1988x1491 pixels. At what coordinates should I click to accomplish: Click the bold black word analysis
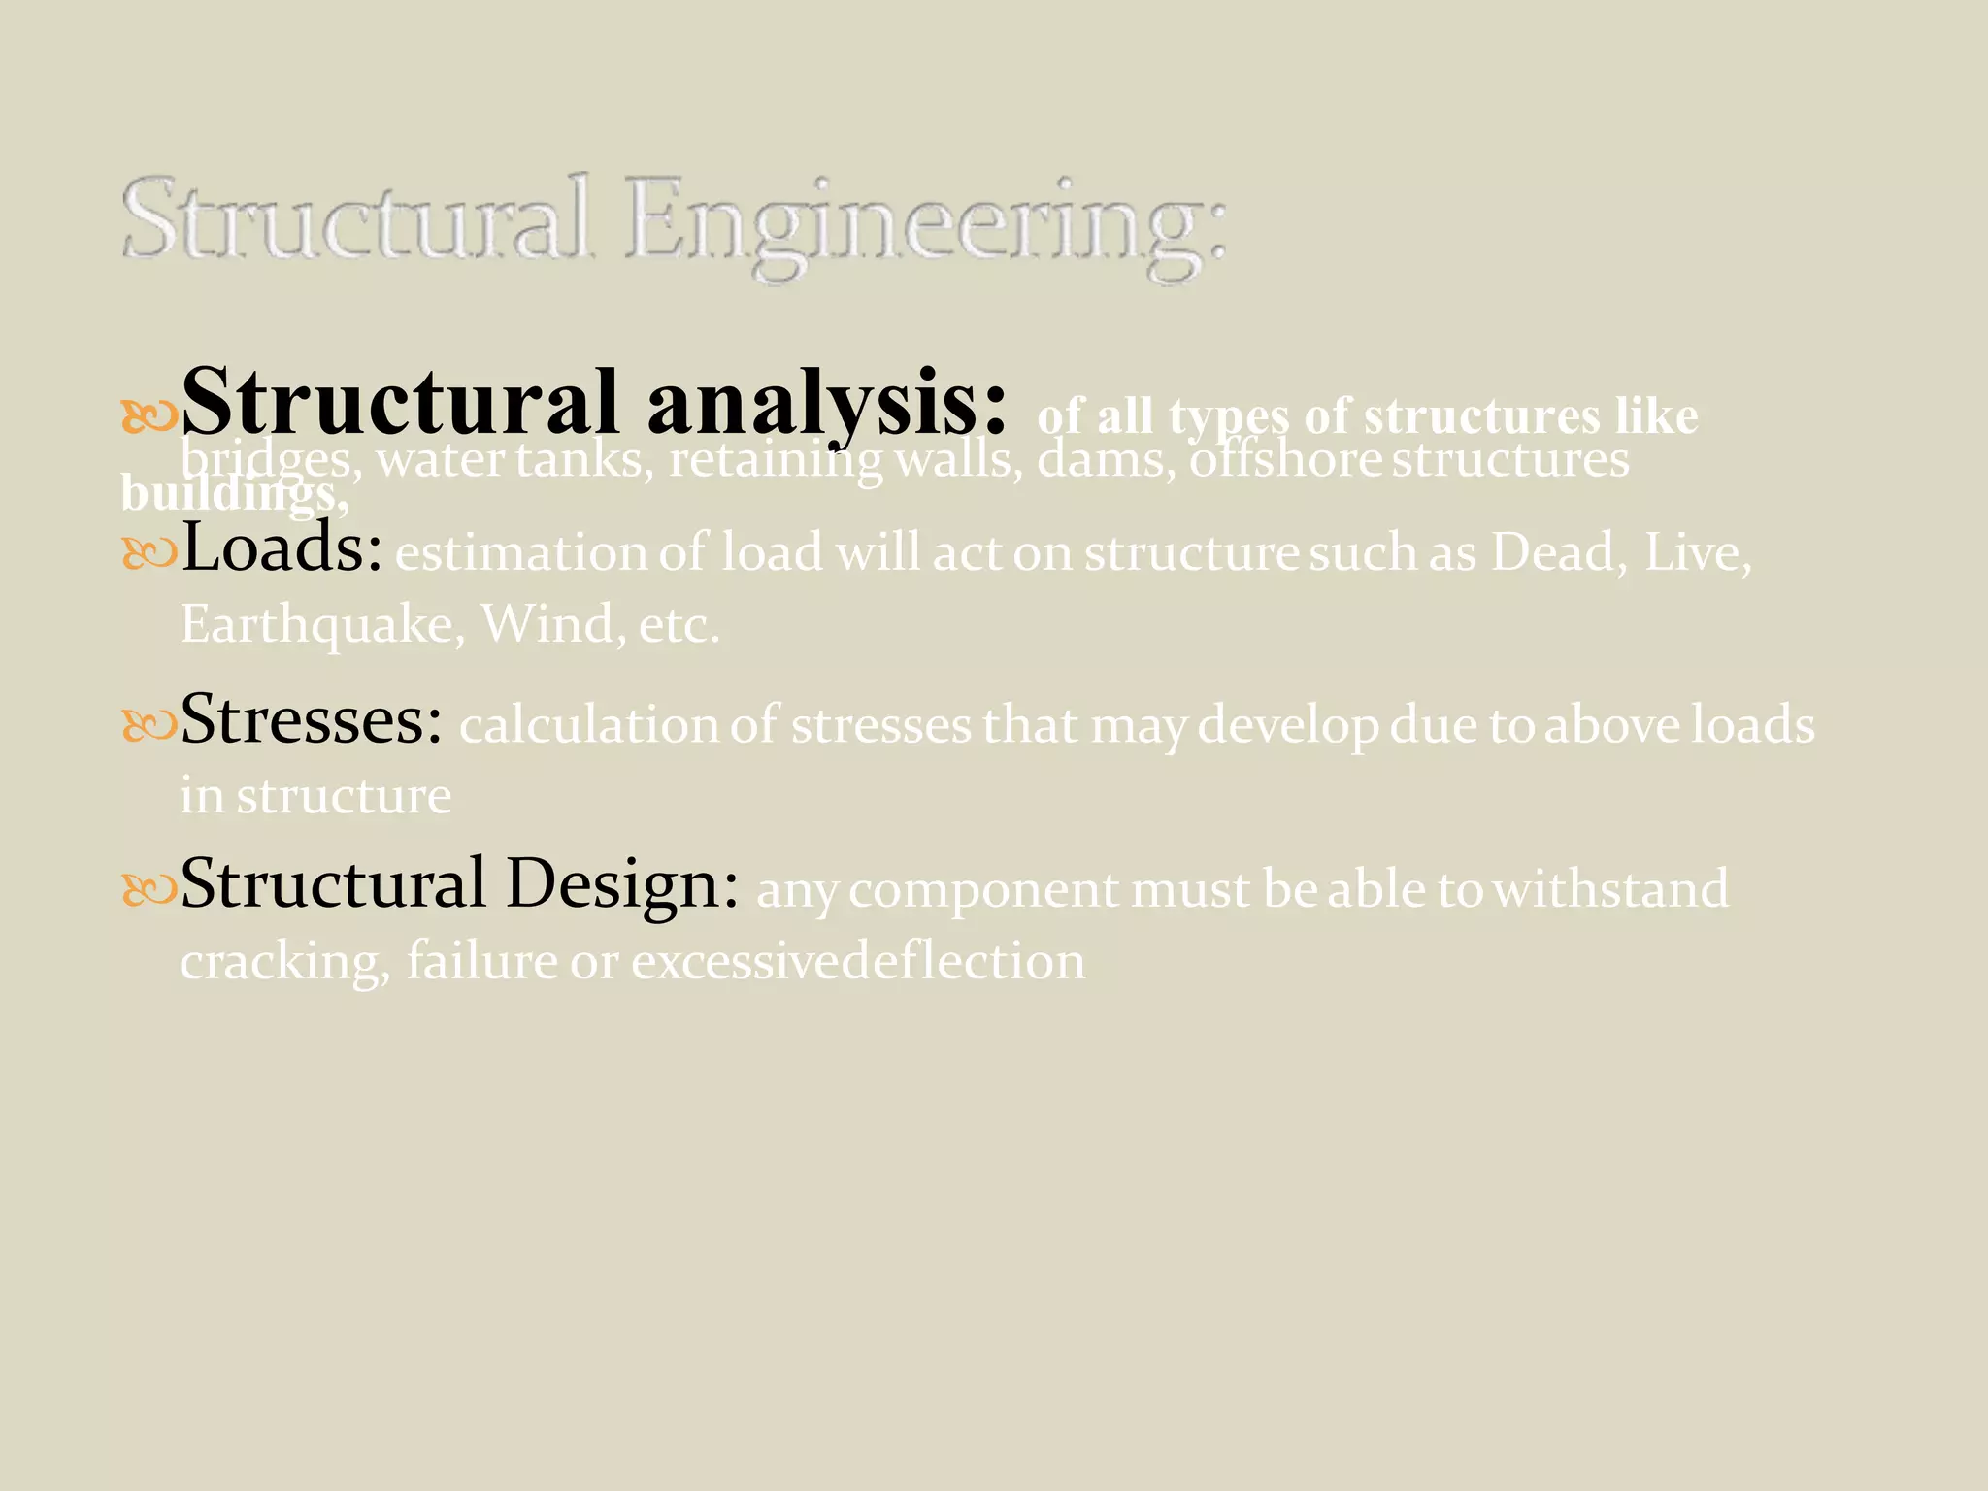click(x=827, y=403)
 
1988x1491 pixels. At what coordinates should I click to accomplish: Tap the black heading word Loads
click(x=282, y=548)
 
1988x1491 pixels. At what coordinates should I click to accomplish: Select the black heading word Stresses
click(x=311, y=720)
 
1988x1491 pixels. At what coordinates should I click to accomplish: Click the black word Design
click(x=622, y=885)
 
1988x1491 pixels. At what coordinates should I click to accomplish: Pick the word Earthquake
click(x=316, y=623)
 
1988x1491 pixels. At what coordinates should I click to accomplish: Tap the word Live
click(x=1698, y=552)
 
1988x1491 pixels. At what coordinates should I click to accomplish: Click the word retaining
click(x=776, y=459)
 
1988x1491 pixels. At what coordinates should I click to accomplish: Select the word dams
click(x=1107, y=459)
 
